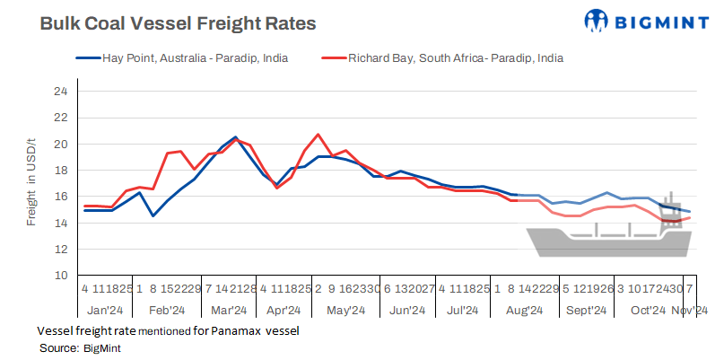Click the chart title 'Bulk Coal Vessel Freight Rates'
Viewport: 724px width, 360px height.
[x=178, y=24]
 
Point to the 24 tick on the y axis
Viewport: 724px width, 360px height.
[x=60, y=92]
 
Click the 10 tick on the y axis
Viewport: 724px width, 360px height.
[x=60, y=276]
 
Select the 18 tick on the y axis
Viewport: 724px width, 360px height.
[x=60, y=171]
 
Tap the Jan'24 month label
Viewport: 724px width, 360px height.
[x=106, y=310]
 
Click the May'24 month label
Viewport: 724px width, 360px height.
[x=345, y=310]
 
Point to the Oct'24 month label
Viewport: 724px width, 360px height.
[x=647, y=310]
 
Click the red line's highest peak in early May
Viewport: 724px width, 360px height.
[x=318, y=135]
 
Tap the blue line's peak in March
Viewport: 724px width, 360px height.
[x=235, y=137]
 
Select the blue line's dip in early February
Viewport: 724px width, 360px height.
[x=153, y=215]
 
